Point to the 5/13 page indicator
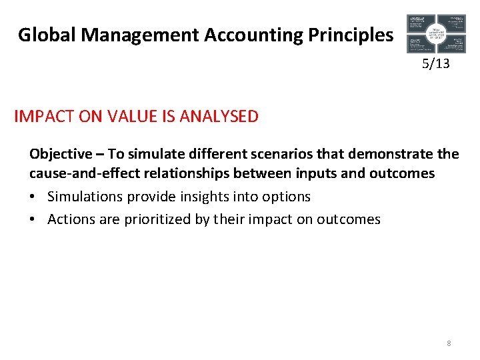tap(436, 64)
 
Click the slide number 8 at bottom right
tap(449, 343)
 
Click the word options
tap(286, 197)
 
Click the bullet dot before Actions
tap(33, 219)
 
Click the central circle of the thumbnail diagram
tap(437, 33)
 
